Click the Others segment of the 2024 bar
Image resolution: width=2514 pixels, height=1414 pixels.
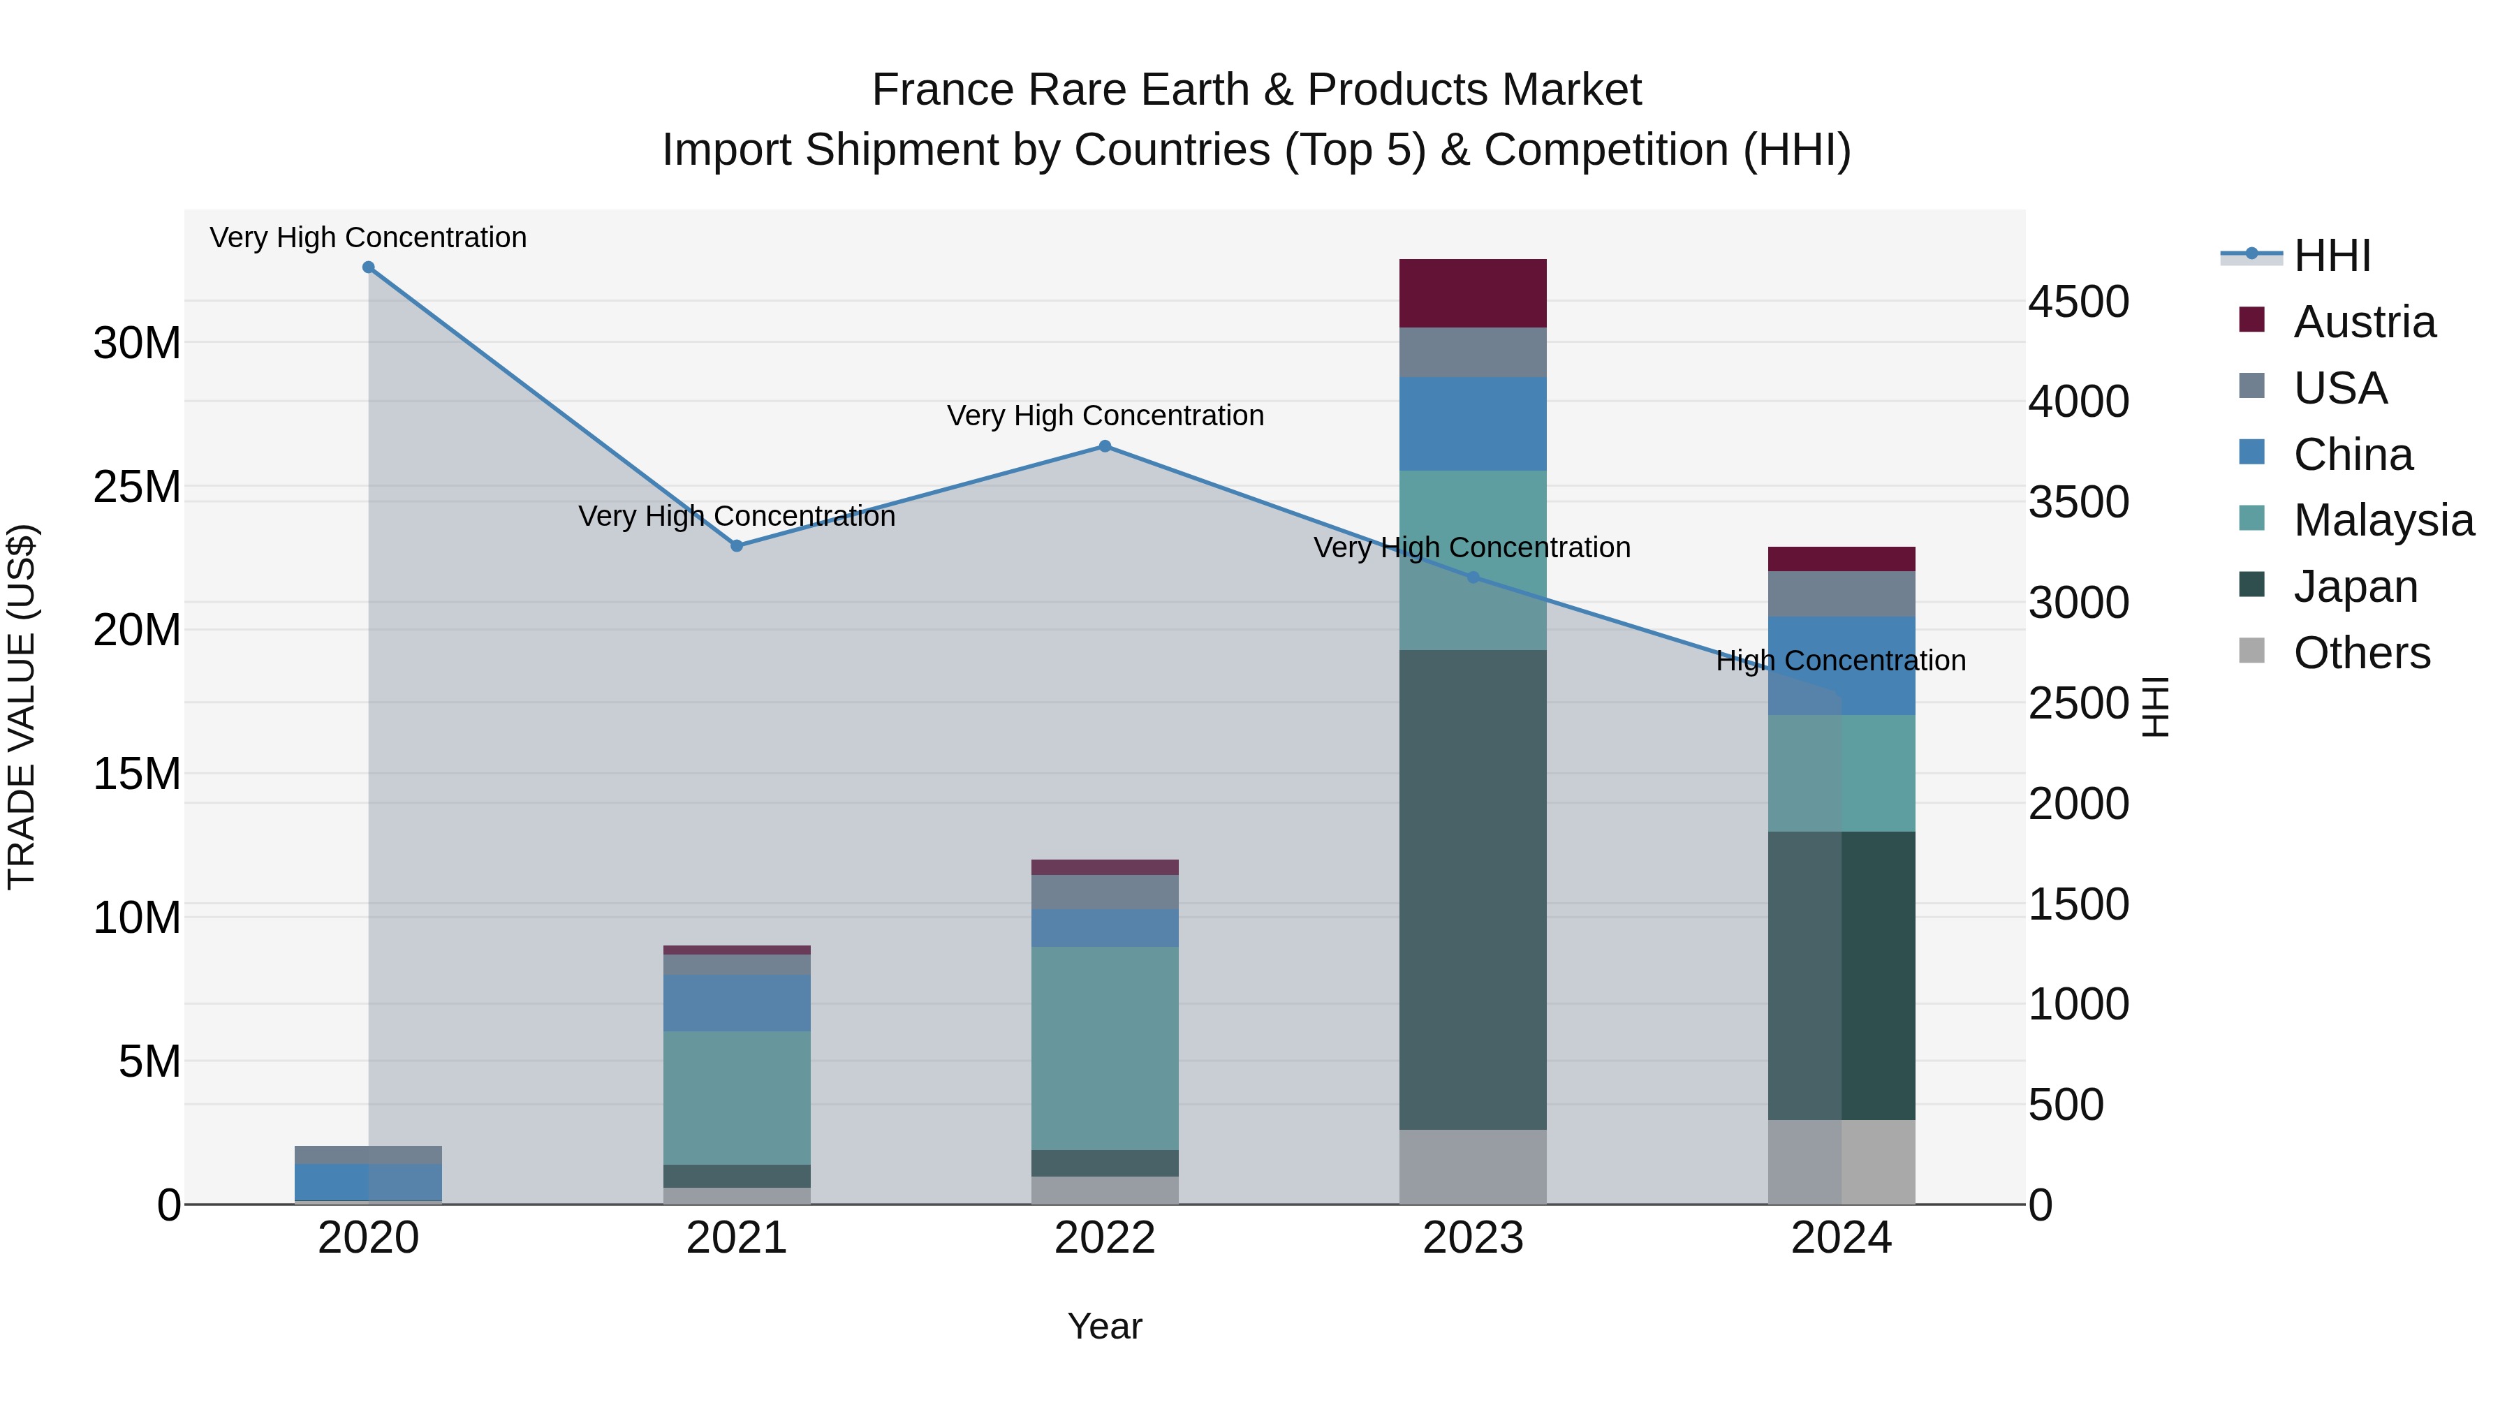tap(1841, 1161)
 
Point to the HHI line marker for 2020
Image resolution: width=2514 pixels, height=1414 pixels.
tap(368, 267)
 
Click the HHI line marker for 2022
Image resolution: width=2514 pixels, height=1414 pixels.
tap(1105, 446)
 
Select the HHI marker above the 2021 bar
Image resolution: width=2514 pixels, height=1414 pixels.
tap(737, 545)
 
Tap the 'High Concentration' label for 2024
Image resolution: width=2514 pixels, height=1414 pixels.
tap(1841, 661)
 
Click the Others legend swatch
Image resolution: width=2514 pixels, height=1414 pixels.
tap(2251, 651)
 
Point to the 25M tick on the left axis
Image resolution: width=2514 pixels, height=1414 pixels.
tap(137, 486)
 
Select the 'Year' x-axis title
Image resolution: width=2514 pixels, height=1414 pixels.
tap(1104, 1326)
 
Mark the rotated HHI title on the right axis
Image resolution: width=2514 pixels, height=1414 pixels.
tap(2155, 707)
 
